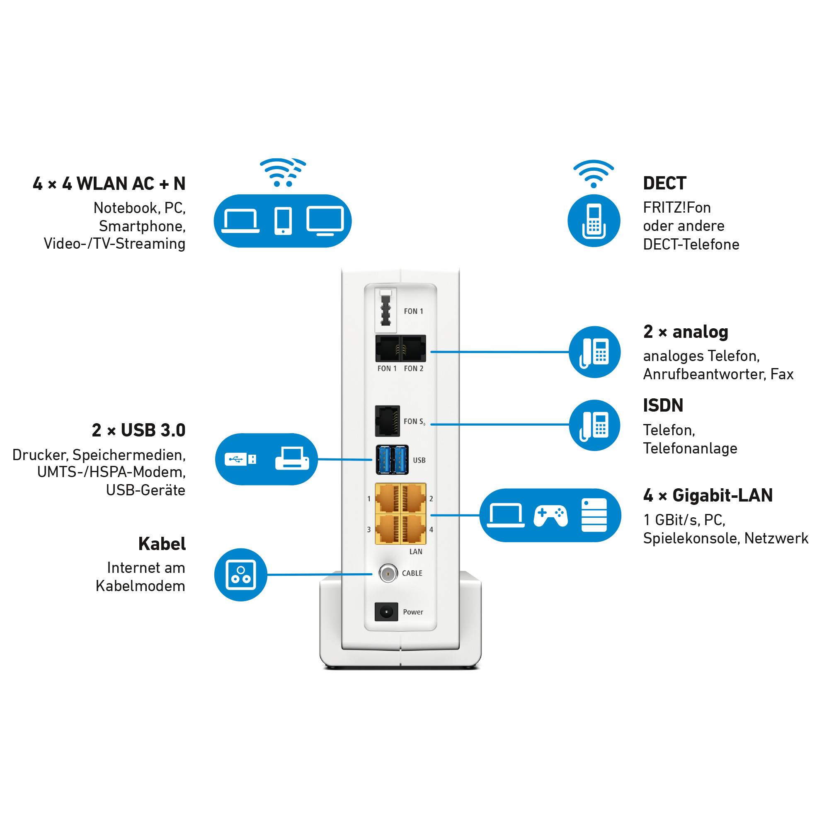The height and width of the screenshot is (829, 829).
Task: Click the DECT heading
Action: click(664, 183)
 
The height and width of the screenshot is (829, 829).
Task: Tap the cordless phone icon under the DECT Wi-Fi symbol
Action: click(594, 221)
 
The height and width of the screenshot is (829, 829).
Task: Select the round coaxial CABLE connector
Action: click(388, 573)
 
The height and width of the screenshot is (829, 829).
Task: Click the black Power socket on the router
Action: click(386, 612)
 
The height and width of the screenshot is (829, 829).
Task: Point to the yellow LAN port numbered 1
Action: click(388, 498)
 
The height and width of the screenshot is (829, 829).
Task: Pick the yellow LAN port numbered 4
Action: click(413, 529)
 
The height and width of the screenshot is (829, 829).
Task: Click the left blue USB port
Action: click(385, 460)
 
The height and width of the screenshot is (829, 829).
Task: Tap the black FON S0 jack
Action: click(388, 421)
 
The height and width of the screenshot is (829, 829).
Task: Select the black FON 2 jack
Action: click(413, 349)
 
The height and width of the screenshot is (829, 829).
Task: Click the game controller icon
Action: click(550, 515)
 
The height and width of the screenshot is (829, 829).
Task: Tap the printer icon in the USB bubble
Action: click(292, 459)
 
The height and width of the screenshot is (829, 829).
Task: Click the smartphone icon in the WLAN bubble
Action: click(283, 221)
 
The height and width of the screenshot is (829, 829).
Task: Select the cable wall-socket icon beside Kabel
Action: click(241, 574)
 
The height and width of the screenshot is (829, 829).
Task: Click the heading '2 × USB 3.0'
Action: click(138, 430)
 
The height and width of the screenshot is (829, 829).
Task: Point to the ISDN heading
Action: click(663, 405)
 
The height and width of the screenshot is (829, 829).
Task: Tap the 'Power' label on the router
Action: click(413, 612)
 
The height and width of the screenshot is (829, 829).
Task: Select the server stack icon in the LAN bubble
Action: click(594, 515)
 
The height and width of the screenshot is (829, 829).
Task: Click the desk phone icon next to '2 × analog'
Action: click(595, 352)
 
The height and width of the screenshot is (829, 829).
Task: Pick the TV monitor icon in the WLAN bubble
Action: click(325, 221)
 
